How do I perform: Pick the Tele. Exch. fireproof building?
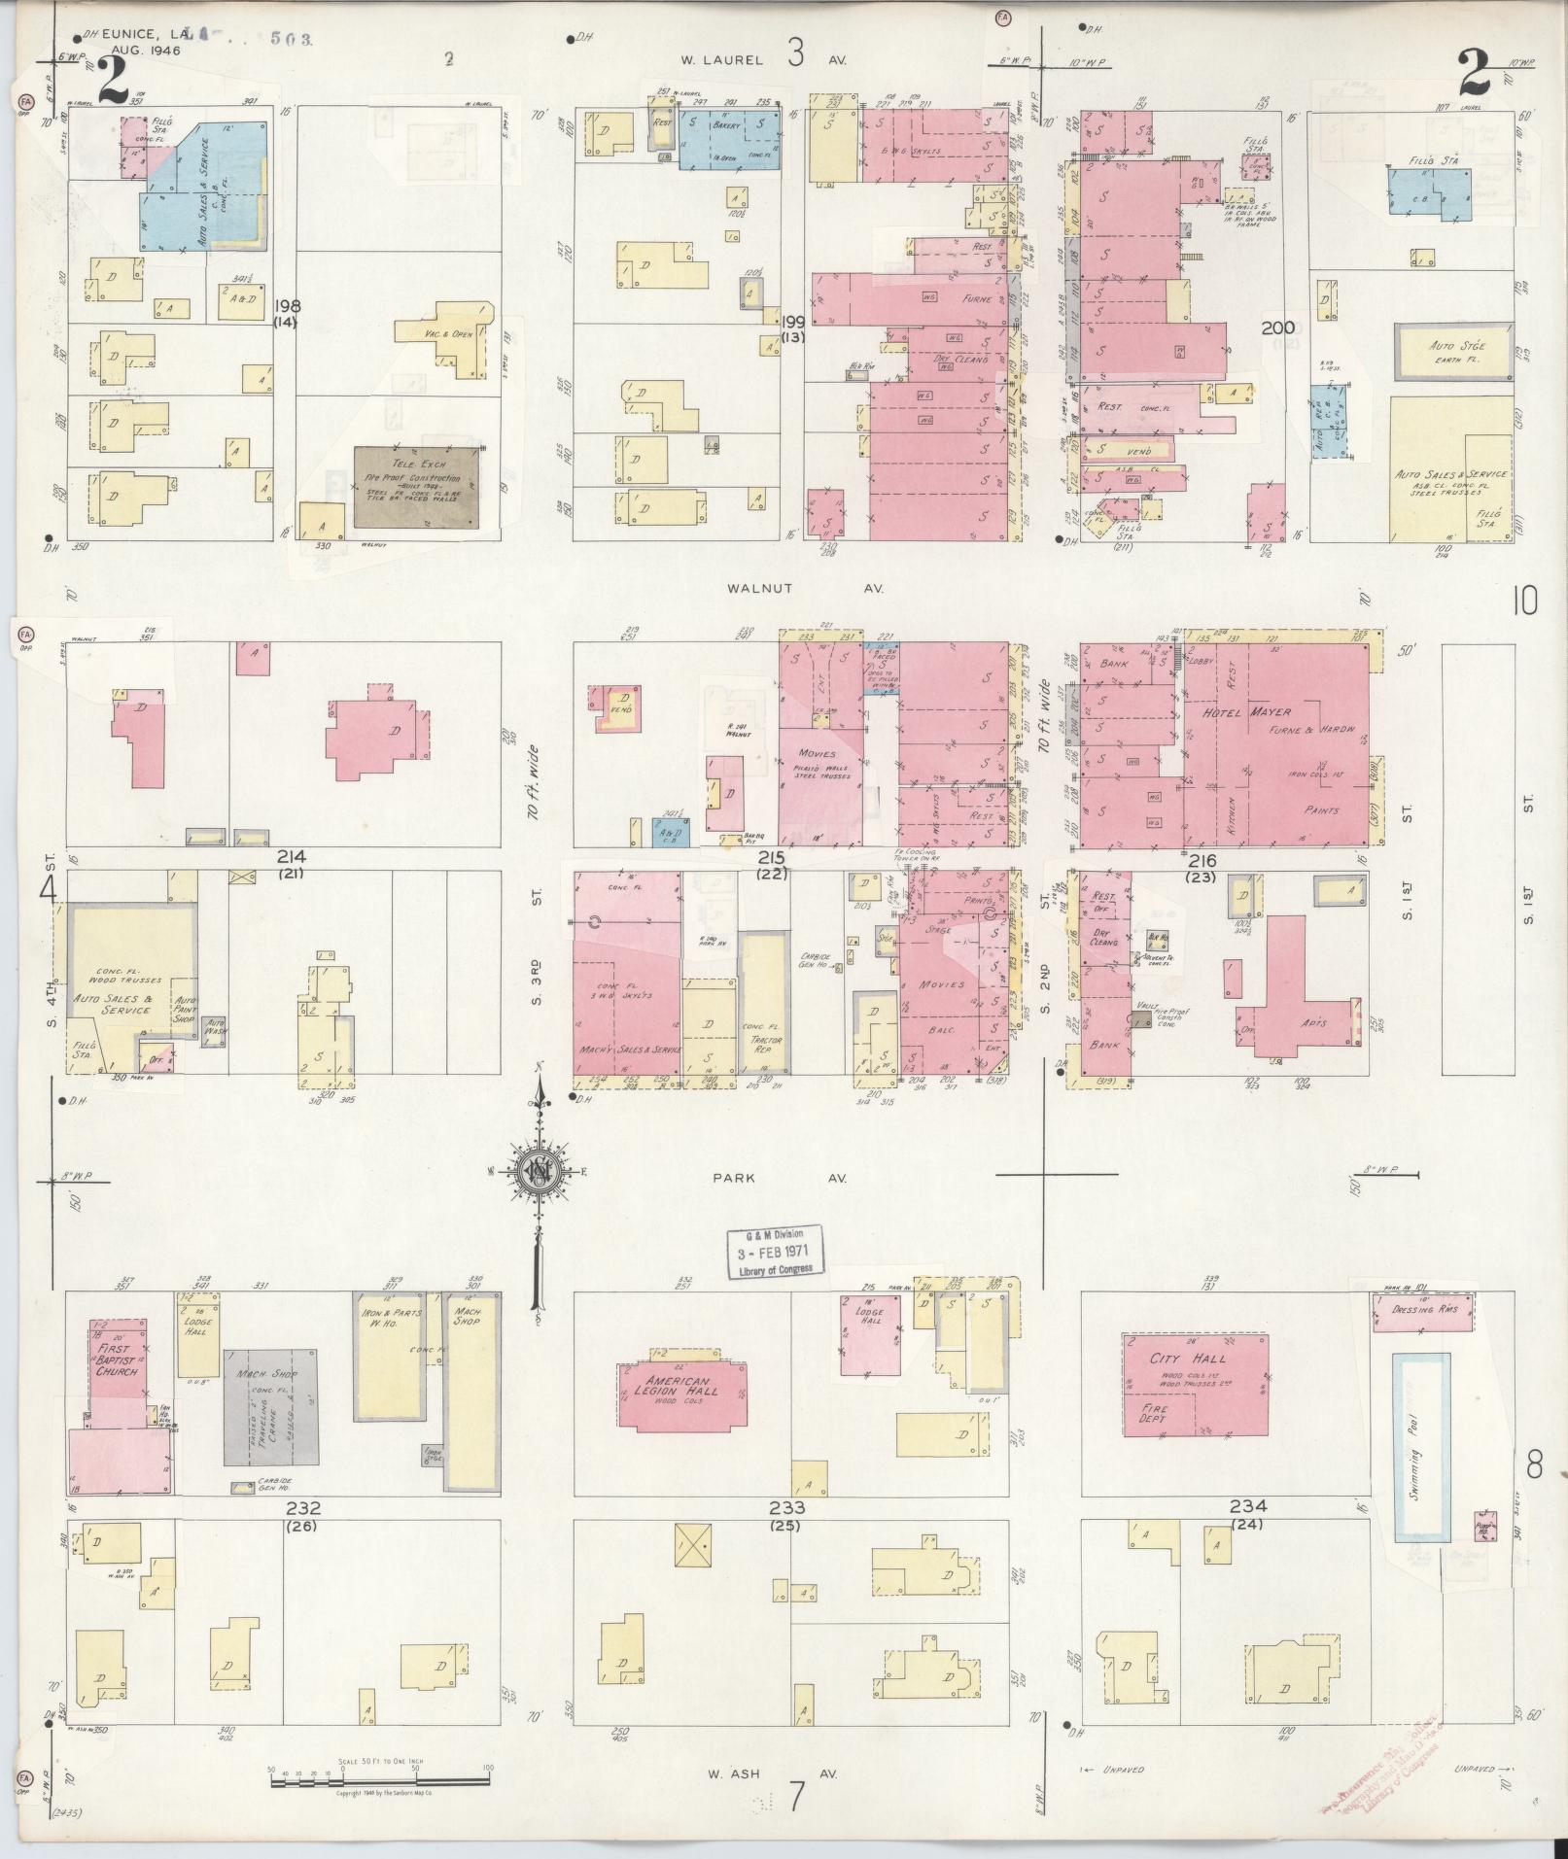pos(416,487)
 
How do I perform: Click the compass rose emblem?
pos(537,1170)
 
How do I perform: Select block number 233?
pos(786,1508)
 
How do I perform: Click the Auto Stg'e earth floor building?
pos(1453,352)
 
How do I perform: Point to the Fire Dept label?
pos(1159,1413)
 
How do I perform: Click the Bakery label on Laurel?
pos(727,125)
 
